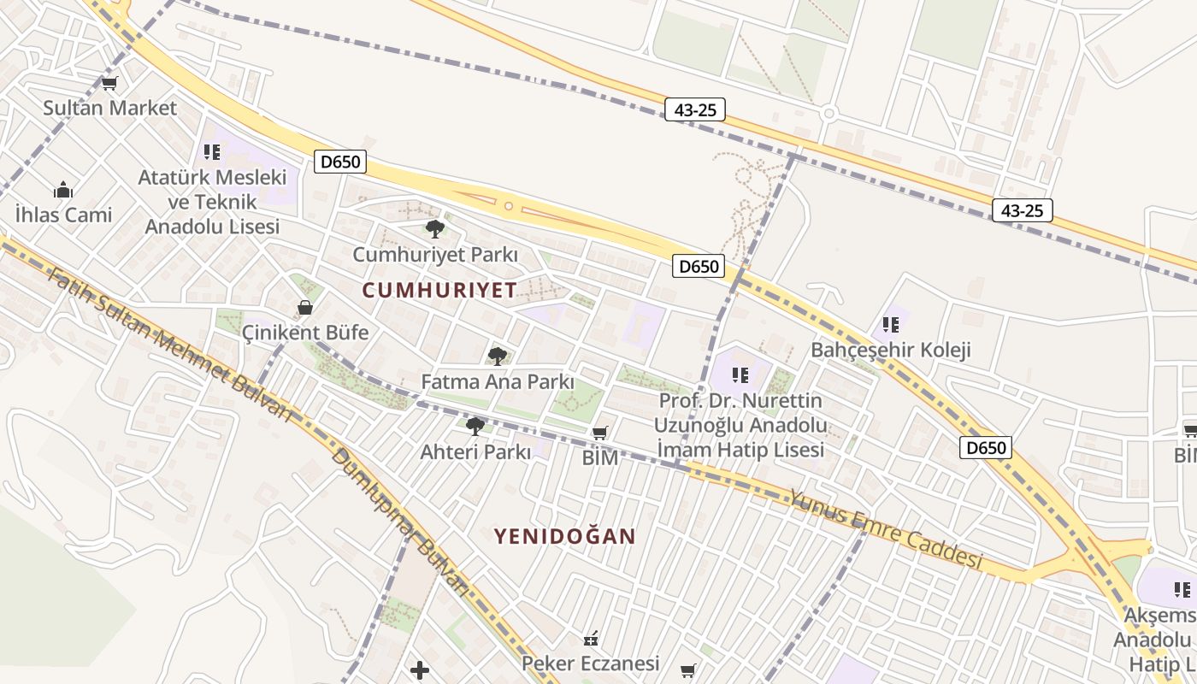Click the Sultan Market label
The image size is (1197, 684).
point(109,108)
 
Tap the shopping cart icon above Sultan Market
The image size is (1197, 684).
point(109,84)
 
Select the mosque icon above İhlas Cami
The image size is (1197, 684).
point(63,190)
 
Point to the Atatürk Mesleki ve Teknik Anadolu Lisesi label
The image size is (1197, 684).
point(212,202)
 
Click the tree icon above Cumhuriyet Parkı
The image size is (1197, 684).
point(434,229)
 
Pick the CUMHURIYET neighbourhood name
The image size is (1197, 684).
point(439,290)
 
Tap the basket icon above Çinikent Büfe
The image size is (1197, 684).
point(305,307)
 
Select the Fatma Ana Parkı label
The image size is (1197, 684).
point(498,381)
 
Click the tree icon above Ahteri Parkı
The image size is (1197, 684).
point(475,426)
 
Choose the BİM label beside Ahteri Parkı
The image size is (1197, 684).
point(600,457)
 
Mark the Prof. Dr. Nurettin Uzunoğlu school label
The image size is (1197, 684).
point(740,425)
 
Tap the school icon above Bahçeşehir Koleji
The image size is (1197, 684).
point(891,325)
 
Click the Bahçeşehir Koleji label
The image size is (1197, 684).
point(891,350)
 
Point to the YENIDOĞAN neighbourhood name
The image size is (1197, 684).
point(564,536)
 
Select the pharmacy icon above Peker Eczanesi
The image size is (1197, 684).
point(591,639)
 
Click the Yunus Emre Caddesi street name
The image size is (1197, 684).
point(885,528)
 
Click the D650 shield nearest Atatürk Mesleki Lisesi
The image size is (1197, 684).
point(339,162)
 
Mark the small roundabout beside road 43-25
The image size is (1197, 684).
point(828,113)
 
